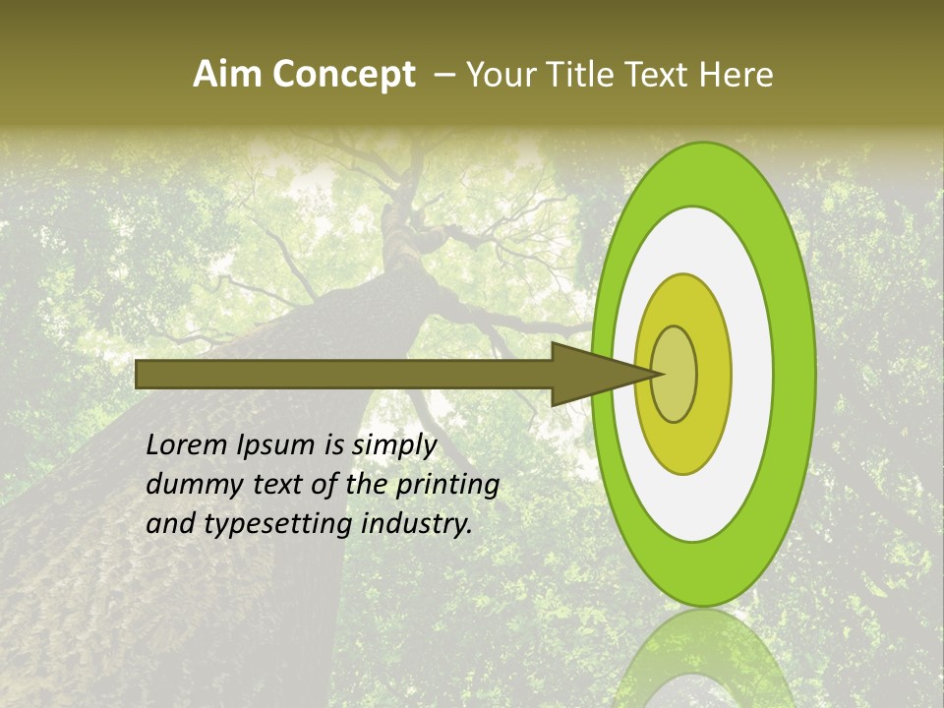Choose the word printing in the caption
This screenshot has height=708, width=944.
[446, 485]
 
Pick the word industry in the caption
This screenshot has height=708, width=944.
[417, 524]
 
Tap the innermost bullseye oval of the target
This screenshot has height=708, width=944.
[674, 374]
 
